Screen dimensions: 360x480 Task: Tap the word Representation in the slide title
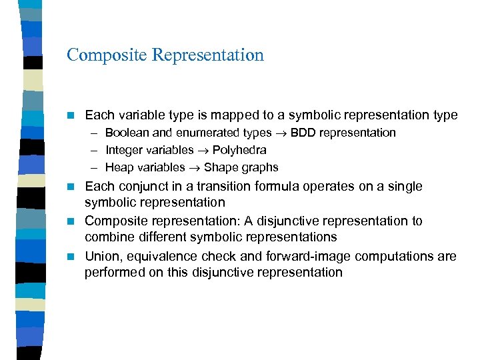point(208,55)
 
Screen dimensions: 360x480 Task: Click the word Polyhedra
point(239,150)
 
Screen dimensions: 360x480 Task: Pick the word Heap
point(119,167)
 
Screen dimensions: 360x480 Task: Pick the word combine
point(107,237)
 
